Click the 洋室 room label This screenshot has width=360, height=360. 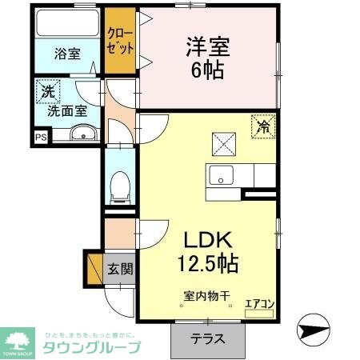208,46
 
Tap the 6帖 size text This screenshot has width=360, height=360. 208,69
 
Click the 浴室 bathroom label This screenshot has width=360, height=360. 67,54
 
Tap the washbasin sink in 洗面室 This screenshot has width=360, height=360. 81,134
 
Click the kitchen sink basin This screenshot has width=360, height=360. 221,174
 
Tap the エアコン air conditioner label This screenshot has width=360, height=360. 259,304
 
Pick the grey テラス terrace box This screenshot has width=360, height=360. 207,338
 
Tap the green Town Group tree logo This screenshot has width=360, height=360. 18,339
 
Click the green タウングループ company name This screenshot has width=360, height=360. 92,346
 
